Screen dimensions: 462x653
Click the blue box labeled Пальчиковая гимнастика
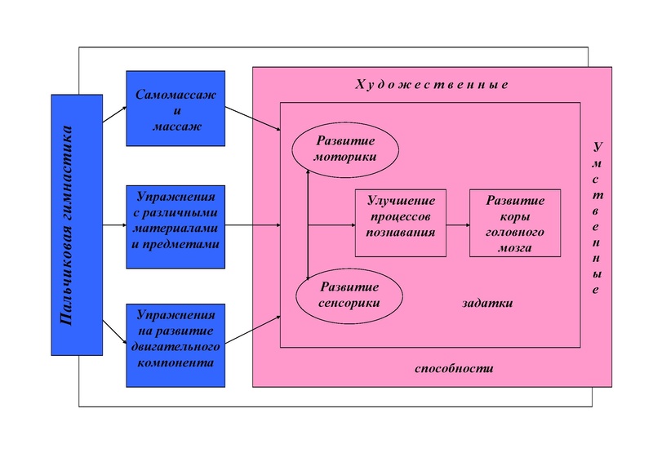(x=77, y=224)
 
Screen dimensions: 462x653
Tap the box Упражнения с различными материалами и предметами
(x=175, y=227)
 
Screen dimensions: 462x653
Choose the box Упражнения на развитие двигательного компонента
(x=175, y=344)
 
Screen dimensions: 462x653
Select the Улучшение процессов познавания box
(x=401, y=223)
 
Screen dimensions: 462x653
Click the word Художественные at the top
(x=432, y=85)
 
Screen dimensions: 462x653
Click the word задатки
(x=487, y=302)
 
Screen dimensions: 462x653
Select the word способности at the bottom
(x=455, y=368)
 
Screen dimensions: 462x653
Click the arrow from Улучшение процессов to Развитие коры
(x=458, y=224)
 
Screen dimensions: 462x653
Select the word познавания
(x=401, y=233)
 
